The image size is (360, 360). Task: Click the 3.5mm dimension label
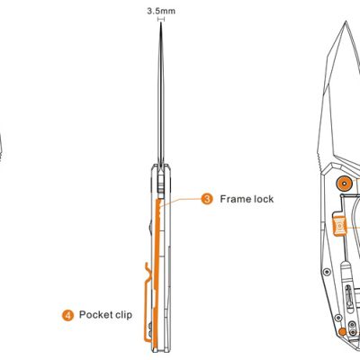tap(161, 11)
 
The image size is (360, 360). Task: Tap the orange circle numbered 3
tap(207, 199)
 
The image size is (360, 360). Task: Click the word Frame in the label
tap(236, 199)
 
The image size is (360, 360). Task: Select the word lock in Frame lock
tap(264, 199)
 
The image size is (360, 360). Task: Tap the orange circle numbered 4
tap(67, 315)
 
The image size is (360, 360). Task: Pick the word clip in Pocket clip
tap(123, 315)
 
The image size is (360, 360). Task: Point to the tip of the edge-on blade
tap(161, 22)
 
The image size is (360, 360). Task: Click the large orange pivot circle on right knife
tap(344, 183)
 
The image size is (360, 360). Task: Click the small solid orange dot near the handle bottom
tap(342, 331)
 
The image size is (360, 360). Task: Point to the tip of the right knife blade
tap(346, 22)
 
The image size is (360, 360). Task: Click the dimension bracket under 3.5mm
tap(161, 19)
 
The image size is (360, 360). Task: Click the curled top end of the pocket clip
tap(148, 267)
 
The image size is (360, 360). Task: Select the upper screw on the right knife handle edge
tap(327, 272)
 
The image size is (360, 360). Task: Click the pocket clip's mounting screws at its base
tap(149, 328)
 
